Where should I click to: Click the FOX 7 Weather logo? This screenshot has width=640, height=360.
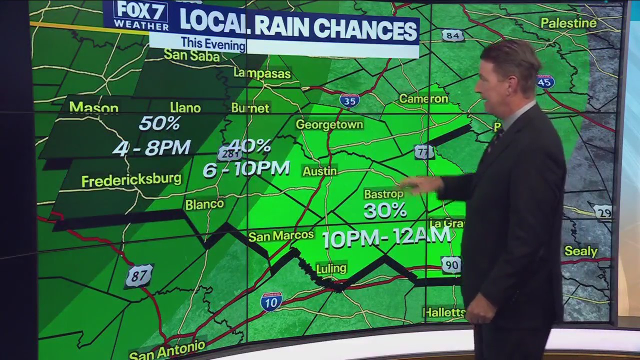(x=140, y=15)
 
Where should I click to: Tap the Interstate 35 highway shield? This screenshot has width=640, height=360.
(x=349, y=100)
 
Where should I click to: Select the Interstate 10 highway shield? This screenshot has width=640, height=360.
(x=271, y=301)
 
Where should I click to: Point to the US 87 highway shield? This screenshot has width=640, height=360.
(x=139, y=276)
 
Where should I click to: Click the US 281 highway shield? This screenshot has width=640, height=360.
(x=229, y=153)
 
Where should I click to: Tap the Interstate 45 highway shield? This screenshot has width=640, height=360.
(x=545, y=81)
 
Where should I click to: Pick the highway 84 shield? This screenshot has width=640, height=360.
(x=452, y=35)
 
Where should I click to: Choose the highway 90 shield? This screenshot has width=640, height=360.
(x=451, y=264)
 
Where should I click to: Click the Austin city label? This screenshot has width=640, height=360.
(x=319, y=171)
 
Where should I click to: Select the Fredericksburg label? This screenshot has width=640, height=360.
(x=131, y=179)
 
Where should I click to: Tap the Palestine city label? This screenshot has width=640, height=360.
(x=568, y=23)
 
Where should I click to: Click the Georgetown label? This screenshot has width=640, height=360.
(x=329, y=124)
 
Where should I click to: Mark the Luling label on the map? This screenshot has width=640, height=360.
(x=331, y=268)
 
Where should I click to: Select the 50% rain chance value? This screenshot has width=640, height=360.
(x=159, y=123)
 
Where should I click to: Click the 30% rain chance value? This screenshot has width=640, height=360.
(x=384, y=210)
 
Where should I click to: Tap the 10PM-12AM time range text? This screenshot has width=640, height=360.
(x=386, y=237)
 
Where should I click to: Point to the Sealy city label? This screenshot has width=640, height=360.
(x=580, y=251)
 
